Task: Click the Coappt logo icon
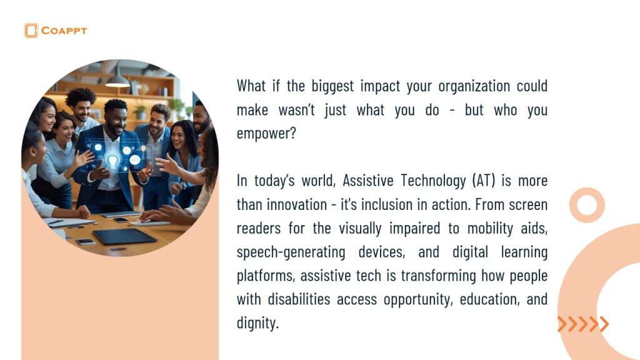[31, 31]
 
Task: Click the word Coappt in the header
[64, 31]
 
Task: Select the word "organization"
[474, 86]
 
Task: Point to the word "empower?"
[266, 134]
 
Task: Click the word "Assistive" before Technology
[367, 180]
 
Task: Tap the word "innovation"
[297, 204]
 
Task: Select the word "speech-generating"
[291, 252]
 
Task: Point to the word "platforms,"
[265, 276]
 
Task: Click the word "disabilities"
[299, 299]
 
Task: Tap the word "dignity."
[257, 323]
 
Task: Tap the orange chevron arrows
[583, 324]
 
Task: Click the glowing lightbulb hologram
[112, 159]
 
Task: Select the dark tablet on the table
[124, 236]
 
